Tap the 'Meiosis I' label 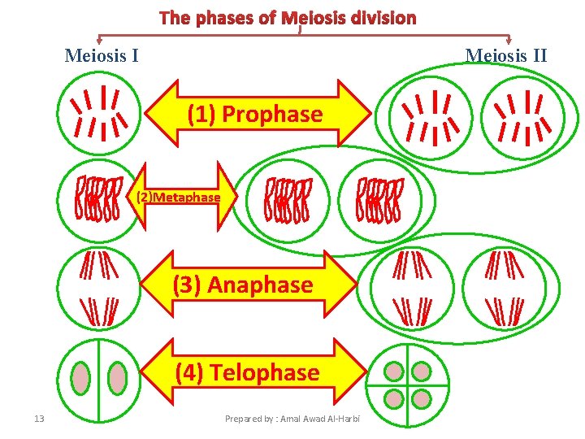pyautogui.click(x=101, y=55)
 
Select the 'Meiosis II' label pyautogui.click(x=505, y=55)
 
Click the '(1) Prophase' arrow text pyautogui.click(x=254, y=115)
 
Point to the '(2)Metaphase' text pyautogui.click(x=178, y=198)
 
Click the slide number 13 pyautogui.click(x=39, y=419)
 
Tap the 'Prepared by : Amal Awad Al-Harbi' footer pyautogui.click(x=292, y=419)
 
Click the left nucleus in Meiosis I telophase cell pyautogui.click(x=80, y=378)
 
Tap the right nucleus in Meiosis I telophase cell pyautogui.click(x=119, y=378)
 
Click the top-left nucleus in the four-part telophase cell pyautogui.click(x=394, y=372)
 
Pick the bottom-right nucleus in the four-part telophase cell pyautogui.click(x=421, y=398)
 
